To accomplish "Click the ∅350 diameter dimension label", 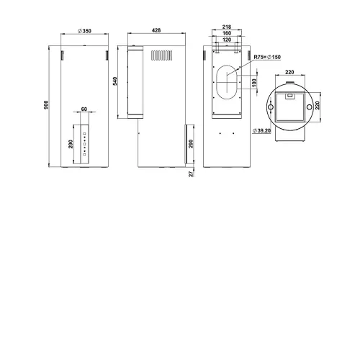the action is point(84,31).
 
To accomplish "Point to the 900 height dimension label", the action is point(46,105).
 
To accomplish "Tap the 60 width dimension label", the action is point(84,109).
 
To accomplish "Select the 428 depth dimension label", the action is point(156,30).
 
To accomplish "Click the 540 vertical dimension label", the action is point(115,81).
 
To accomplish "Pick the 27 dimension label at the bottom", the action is point(191,174).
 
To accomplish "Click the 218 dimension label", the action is point(227,27).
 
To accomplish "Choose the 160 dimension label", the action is point(227,33).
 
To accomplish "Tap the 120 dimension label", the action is point(227,40).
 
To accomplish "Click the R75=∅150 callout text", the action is point(267,57).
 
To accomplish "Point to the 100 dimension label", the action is point(254,83).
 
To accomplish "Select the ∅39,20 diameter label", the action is point(261,130).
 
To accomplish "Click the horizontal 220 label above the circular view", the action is point(289,72).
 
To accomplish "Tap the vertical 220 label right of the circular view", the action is point(317,105).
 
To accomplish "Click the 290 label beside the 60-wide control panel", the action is point(71,144).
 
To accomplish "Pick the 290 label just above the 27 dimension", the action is point(191,143).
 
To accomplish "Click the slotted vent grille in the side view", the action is point(162,55).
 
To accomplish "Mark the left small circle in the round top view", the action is point(271,107).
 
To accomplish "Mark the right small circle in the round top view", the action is point(310,107).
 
